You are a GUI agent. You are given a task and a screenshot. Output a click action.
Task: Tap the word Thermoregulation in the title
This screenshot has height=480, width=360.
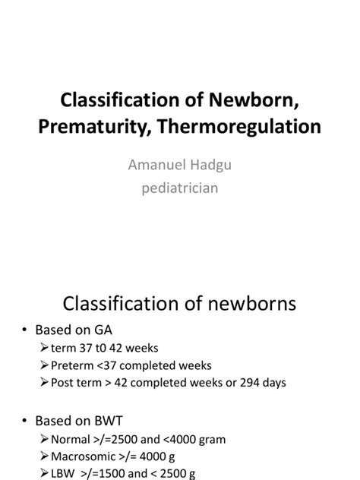[229, 126]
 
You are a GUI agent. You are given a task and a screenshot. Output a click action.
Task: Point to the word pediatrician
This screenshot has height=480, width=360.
[180, 186]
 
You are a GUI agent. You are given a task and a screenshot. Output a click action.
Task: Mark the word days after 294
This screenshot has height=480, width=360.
[273, 383]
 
